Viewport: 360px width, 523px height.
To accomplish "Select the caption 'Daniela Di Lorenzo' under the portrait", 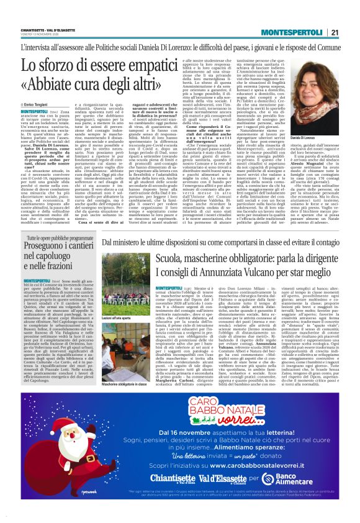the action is pyautogui.click(x=306, y=154).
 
